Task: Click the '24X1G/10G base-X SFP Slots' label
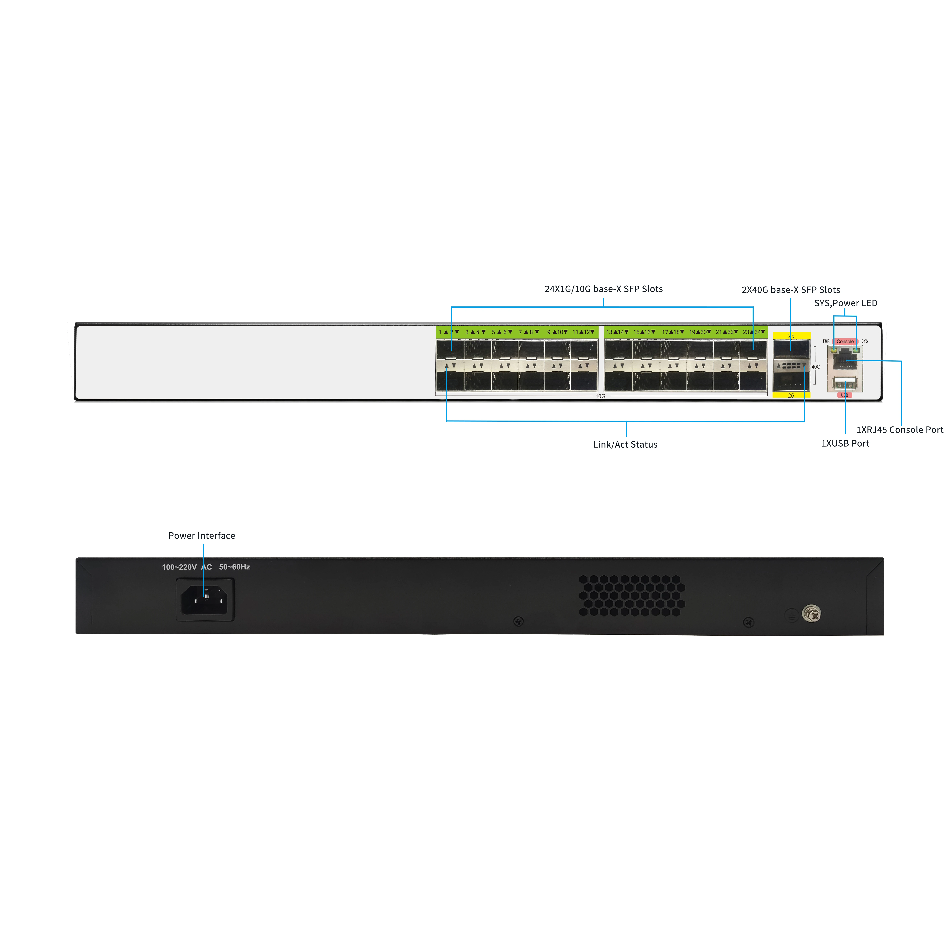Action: click(603, 289)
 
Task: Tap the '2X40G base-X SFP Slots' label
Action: click(791, 290)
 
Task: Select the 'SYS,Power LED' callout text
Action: click(846, 303)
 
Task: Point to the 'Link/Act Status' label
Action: click(625, 445)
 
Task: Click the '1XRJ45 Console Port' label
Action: click(900, 430)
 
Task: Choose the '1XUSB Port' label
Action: click(845, 444)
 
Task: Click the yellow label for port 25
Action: click(791, 336)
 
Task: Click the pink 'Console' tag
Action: click(845, 341)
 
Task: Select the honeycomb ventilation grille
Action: click(632, 595)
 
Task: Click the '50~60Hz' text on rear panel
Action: click(234, 567)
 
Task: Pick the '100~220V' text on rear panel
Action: click(179, 567)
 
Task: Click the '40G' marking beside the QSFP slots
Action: click(816, 367)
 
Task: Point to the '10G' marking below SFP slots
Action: click(600, 396)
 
